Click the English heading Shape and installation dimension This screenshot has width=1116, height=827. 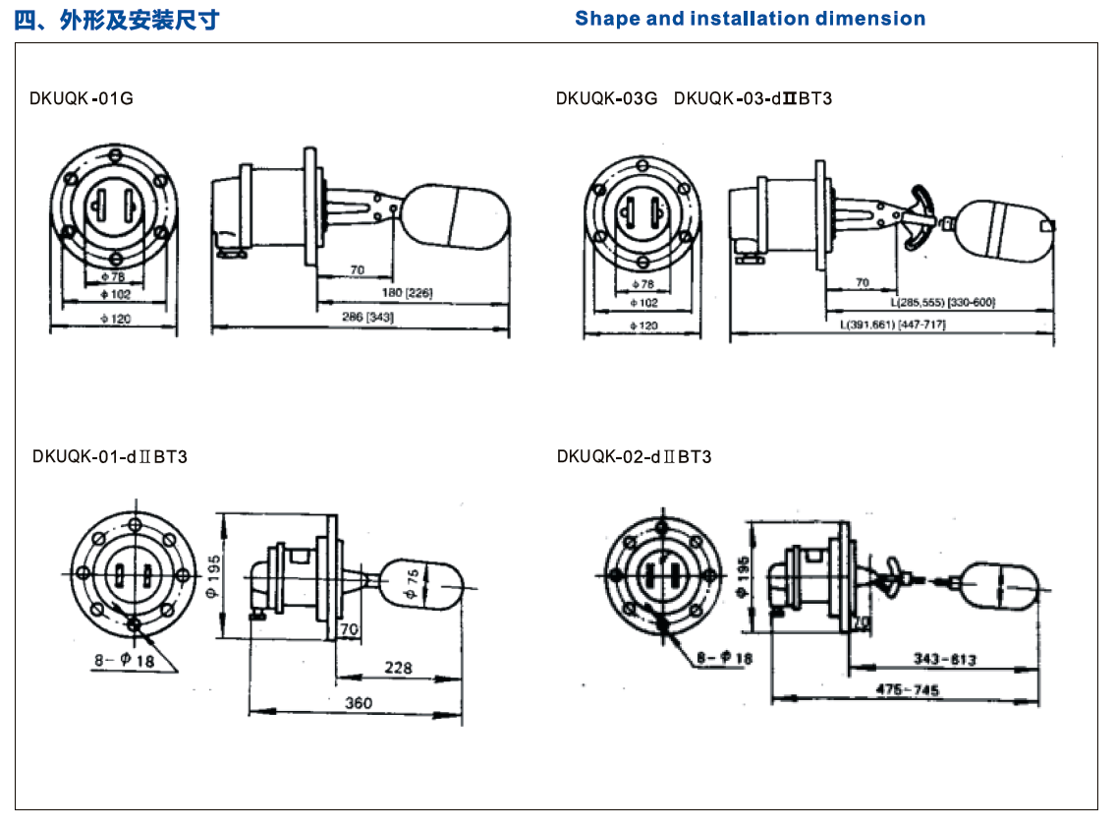750,19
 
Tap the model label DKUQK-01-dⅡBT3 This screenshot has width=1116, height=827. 109,456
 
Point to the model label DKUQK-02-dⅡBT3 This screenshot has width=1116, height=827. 634,456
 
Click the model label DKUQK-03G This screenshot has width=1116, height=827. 605,98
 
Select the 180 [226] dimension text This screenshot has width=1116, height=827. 404,293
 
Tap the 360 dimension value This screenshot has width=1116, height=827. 359,704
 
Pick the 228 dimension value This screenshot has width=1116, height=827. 398,668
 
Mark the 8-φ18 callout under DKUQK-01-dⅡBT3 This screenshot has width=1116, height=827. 124,661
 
